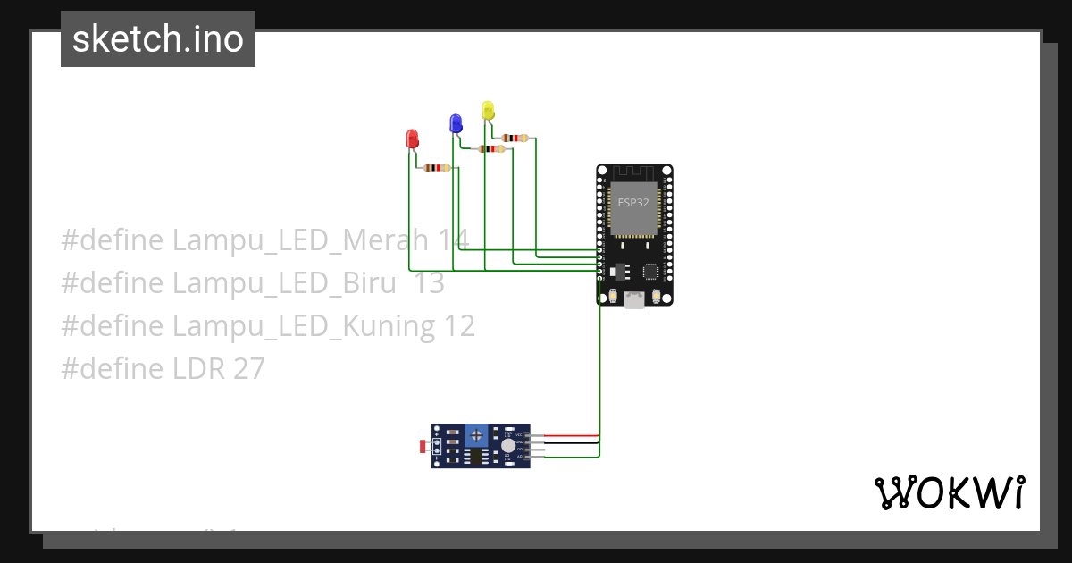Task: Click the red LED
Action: pos(412,139)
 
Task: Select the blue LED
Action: pos(456,123)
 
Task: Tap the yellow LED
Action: pos(487,110)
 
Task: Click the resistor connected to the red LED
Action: pos(437,167)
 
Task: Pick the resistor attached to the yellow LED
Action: pos(515,138)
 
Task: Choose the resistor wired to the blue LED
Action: pos(491,149)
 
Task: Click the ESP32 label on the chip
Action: pos(633,202)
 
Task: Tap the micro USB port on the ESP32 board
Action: pos(634,300)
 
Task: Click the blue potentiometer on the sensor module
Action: pos(477,435)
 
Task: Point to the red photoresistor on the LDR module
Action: pos(423,445)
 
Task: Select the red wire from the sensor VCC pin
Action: pos(572,435)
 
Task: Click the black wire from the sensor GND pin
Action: pos(572,442)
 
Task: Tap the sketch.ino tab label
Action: pos(158,39)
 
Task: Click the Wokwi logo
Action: pos(949,492)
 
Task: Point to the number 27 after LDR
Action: pos(247,368)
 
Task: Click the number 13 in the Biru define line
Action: pos(430,282)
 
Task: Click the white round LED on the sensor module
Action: pos(507,445)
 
